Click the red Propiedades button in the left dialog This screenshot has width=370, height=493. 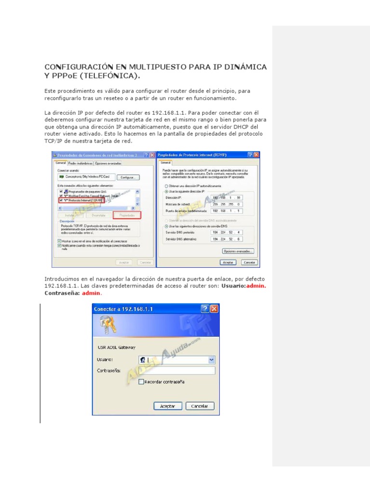pyautogui.click(x=127, y=215)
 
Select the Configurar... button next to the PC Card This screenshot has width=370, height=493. pyautogui.click(x=127, y=177)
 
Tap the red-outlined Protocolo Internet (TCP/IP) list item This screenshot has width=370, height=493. pyautogui.click(x=81, y=199)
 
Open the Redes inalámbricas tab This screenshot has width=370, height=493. pyautogui.click(x=80, y=163)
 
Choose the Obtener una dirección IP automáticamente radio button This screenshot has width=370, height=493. pyautogui.click(x=167, y=185)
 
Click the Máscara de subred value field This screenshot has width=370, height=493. pyautogui.click(x=226, y=204)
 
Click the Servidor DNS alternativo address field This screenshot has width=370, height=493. pyautogui.click(x=226, y=239)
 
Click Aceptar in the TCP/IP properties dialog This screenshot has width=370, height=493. pyautogui.click(x=228, y=262)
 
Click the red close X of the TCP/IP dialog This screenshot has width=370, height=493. pyautogui.click(x=256, y=155)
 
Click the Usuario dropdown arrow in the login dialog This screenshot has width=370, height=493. pyautogui.click(x=211, y=360)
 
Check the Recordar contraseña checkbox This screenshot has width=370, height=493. pyautogui.click(x=141, y=382)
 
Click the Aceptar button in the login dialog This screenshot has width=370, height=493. pyautogui.click(x=167, y=406)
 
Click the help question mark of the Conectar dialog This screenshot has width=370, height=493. pyautogui.click(x=205, y=309)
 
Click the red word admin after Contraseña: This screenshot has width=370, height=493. pyautogui.click(x=91, y=293)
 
